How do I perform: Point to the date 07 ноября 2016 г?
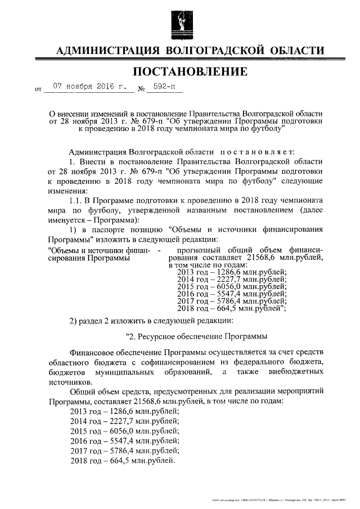pos(90,87)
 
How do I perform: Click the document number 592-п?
pos(165,87)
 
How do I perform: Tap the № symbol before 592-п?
pos(142,89)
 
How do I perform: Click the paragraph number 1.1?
pos(75,200)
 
